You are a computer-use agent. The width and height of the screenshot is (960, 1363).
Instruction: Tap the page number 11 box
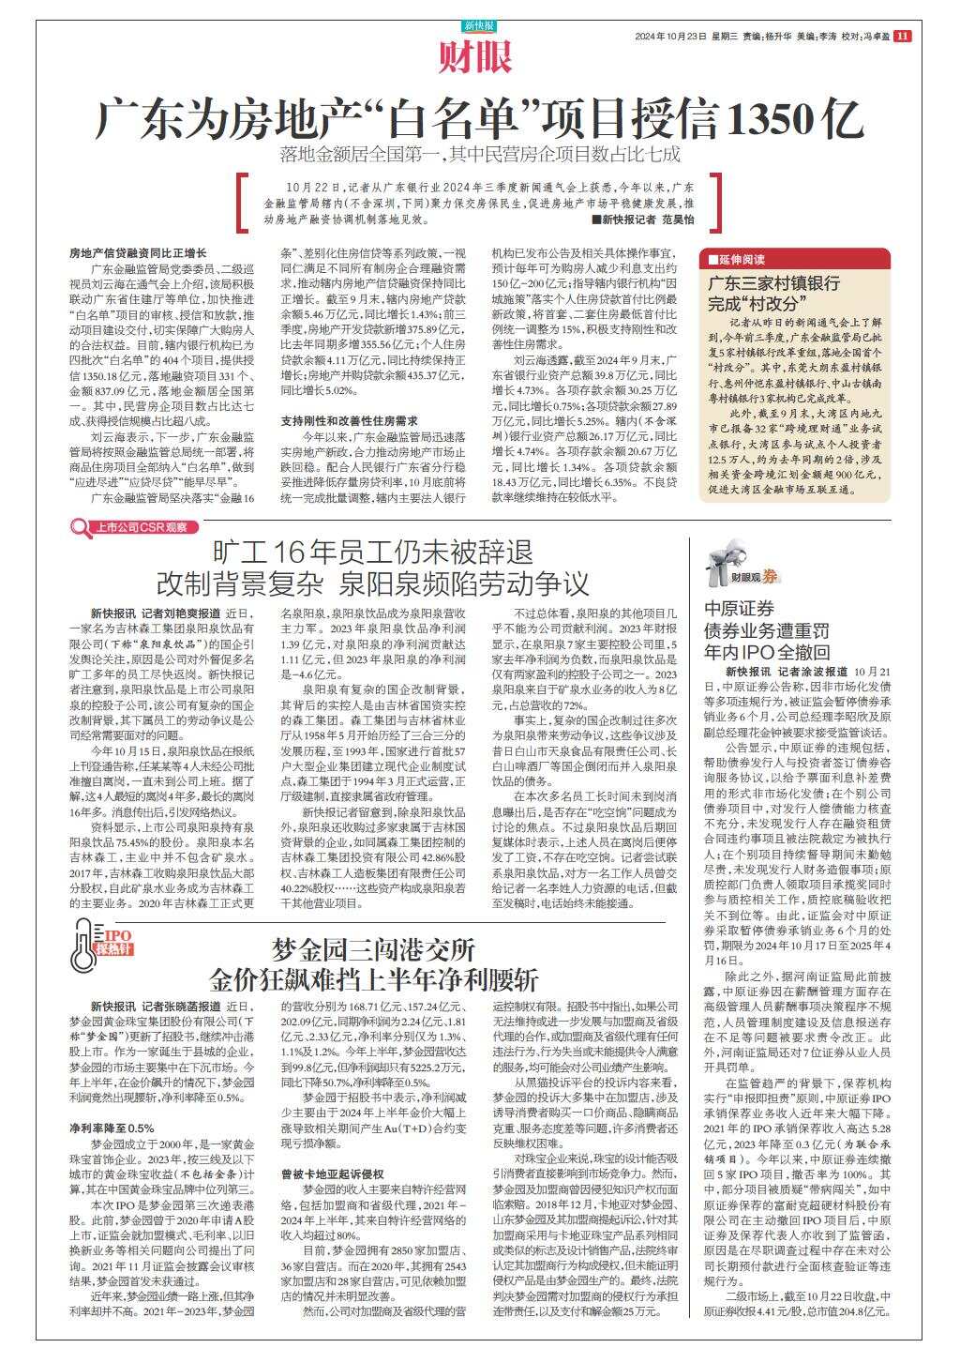pyautogui.click(x=902, y=37)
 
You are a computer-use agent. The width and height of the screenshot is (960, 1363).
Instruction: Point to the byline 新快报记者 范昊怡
pyautogui.click(x=642, y=220)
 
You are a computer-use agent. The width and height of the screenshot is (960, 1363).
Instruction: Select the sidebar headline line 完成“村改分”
pyautogui.click(x=757, y=304)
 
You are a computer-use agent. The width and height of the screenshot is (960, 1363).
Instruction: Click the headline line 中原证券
pyautogui.click(x=740, y=609)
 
